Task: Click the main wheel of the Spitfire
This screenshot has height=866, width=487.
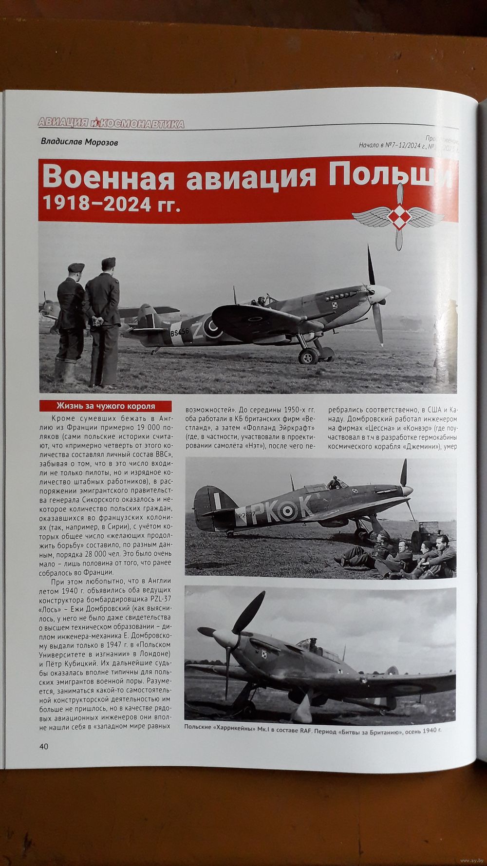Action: [308, 356]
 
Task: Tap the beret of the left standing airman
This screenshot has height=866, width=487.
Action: [76, 267]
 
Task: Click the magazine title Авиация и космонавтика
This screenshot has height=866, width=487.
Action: [111, 124]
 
